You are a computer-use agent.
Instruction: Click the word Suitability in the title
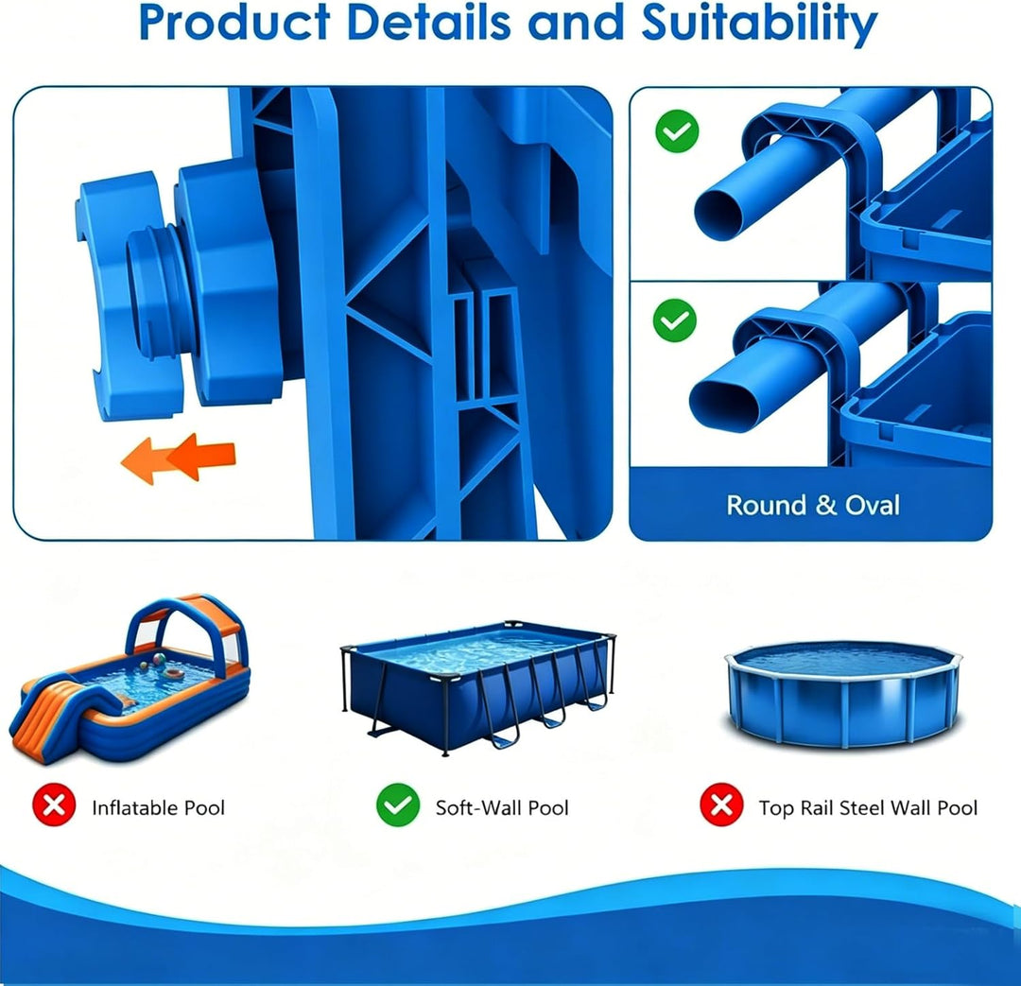point(759,24)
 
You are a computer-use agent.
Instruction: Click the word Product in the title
point(234,22)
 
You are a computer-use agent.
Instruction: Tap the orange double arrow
point(179,458)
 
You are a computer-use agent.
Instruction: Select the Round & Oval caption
point(813,506)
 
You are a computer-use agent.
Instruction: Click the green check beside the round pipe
point(677,130)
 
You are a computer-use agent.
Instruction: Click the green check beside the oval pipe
point(675,320)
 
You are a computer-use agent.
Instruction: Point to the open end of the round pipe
point(718,214)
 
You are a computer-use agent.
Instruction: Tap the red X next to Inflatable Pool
point(54,804)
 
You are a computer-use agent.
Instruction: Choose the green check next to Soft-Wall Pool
point(398,804)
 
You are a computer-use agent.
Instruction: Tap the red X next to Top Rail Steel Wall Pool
point(721,804)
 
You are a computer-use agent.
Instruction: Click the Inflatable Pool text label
point(158,807)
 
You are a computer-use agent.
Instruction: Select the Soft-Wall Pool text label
point(502,807)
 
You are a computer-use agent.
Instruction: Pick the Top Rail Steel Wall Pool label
point(868,807)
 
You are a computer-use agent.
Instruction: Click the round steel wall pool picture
point(843,694)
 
